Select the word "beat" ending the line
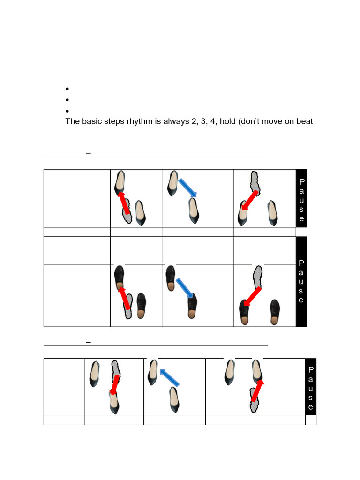point(303,122)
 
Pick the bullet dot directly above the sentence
point(67,111)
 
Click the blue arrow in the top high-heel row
point(187,187)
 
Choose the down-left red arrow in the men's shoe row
point(252,297)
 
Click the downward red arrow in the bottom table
point(113,385)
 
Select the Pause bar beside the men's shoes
point(301,281)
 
